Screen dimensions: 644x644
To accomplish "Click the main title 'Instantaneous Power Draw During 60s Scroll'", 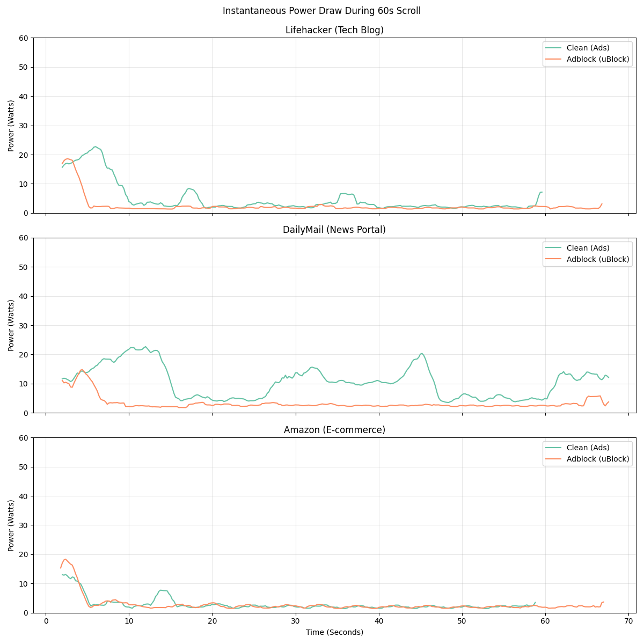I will tap(321, 11).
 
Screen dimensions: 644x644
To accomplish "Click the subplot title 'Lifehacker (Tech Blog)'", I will tap(334, 30).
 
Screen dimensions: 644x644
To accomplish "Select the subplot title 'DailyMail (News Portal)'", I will tap(334, 230).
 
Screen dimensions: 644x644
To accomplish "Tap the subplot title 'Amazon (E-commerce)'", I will tap(334, 430).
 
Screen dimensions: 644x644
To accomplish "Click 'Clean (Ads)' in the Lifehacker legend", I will tap(588, 48).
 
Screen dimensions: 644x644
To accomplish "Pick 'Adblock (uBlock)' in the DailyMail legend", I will tap(597, 259).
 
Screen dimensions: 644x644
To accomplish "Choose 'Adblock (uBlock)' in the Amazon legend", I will tap(597, 459).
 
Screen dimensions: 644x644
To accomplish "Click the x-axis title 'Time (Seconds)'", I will tap(334, 632).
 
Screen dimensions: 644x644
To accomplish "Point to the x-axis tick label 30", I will tap(295, 621).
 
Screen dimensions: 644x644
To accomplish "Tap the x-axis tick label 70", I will tap(628, 621).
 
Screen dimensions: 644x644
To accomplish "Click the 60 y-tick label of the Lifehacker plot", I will tap(24, 38).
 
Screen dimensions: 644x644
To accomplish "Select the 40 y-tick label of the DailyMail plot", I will tap(24, 296).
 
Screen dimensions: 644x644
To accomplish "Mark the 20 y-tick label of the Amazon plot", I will tap(24, 554).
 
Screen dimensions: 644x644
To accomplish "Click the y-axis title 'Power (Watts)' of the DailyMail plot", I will tap(11, 325).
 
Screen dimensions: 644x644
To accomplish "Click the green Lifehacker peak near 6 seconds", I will tap(96, 147).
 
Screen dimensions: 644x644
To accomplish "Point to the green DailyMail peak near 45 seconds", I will tap(422, 353).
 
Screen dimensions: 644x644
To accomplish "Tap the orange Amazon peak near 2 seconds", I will tap(65, 559).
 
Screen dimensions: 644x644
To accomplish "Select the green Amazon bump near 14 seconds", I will tap(161, 590).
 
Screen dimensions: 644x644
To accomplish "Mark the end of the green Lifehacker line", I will tap(542, 192).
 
